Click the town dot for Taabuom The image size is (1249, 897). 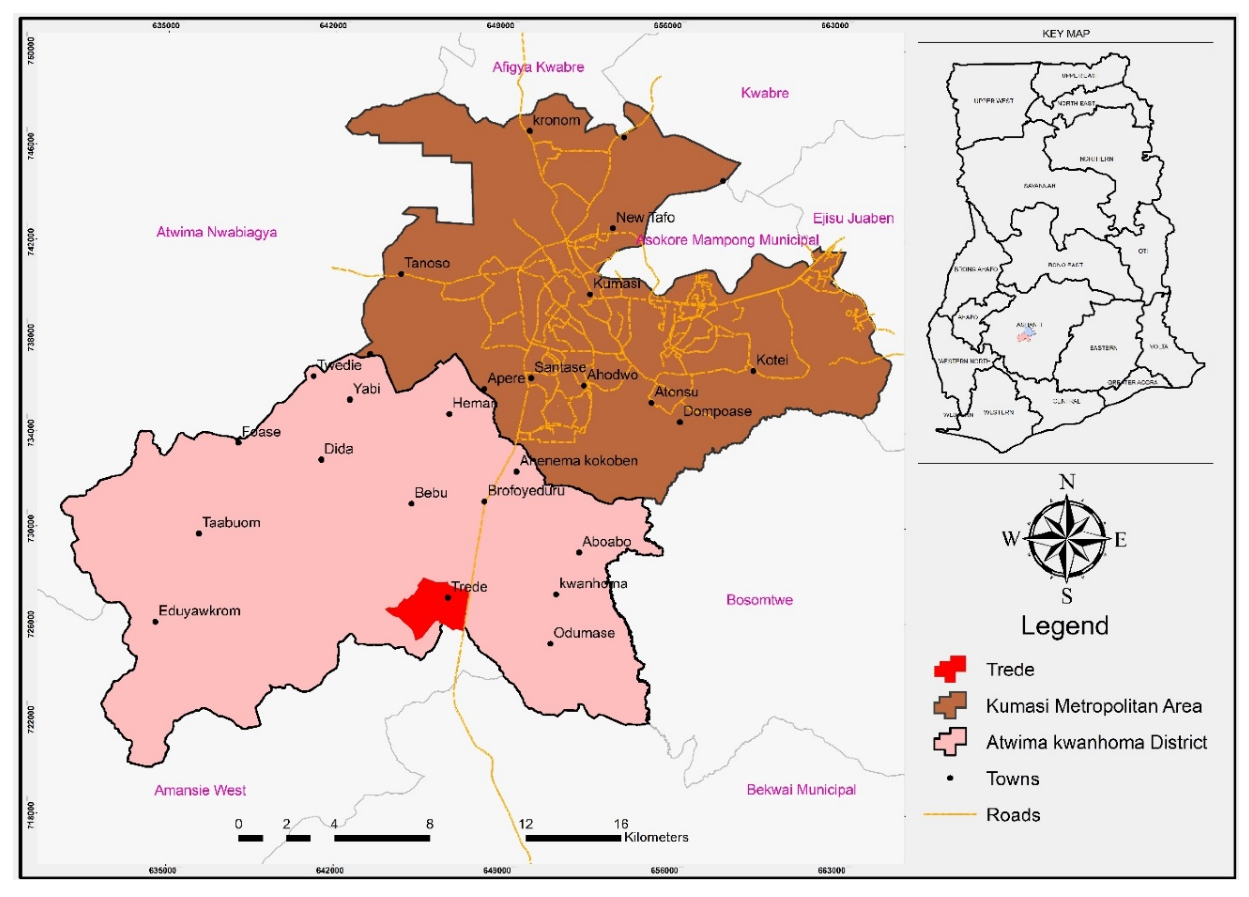coord(199,533)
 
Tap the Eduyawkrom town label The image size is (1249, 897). coord(199,611)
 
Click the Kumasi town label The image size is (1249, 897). coord(616,284)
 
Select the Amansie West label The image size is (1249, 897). coord(200,790)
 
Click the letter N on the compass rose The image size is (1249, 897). coord(1067,482)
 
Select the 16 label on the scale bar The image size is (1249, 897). coord(621,824)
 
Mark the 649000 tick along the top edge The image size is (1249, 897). coord(500,25)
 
